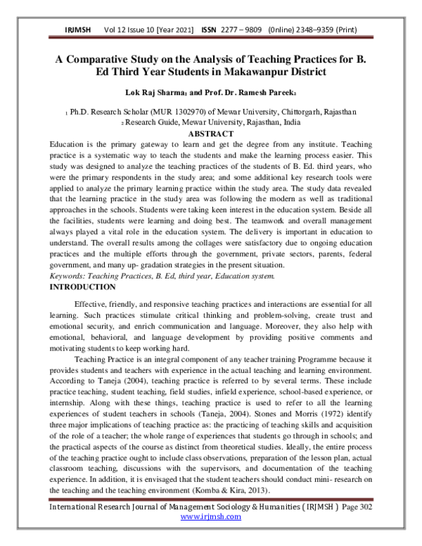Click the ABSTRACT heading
[211, 134]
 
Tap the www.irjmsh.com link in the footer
[211, 536]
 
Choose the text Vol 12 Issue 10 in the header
[127, 30]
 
